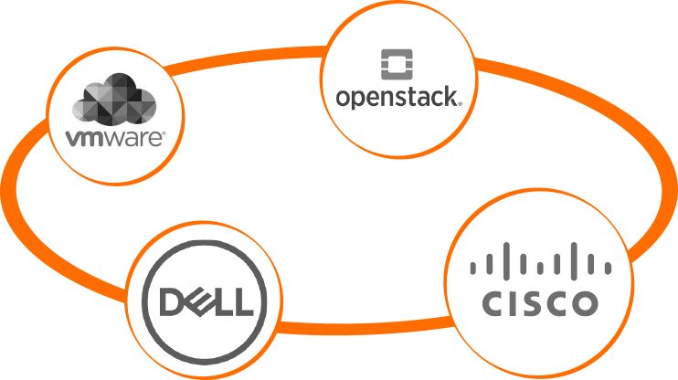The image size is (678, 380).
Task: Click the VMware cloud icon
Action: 114,100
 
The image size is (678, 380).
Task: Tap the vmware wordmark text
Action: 114,138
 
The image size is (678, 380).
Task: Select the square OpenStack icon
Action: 397,65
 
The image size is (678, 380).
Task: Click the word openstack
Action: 397,97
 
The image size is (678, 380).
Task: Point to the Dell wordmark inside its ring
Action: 207,301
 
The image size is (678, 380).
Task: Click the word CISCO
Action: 540,303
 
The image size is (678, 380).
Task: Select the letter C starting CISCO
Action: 493,303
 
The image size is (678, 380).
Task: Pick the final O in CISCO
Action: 585,303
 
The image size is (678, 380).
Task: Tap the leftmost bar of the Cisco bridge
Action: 473,268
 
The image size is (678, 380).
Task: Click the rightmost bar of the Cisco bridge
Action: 608,268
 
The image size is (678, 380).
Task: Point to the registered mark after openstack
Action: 460,104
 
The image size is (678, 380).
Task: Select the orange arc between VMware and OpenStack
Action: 244,58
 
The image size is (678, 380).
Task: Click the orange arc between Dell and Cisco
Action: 365,328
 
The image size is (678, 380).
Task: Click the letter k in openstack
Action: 449,97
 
